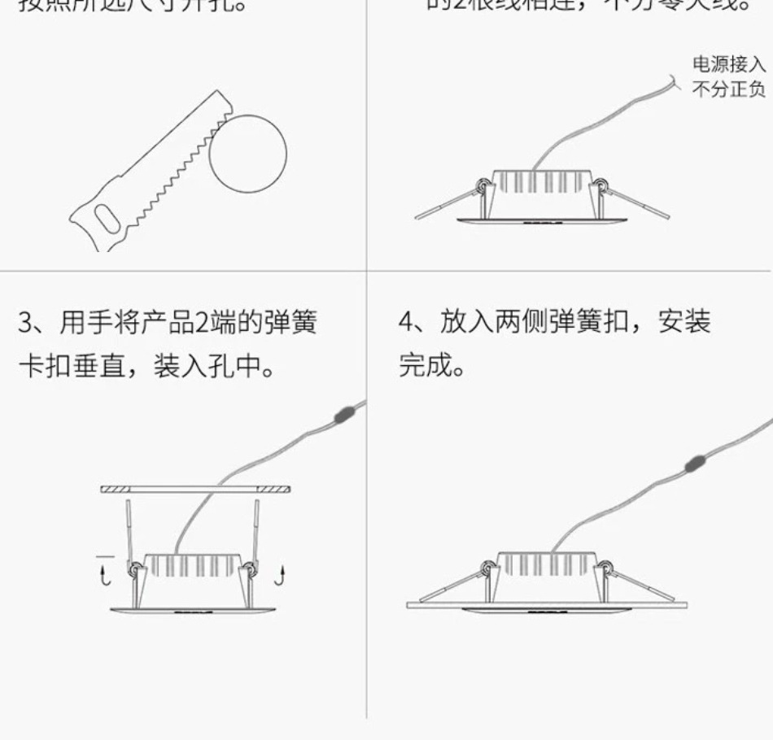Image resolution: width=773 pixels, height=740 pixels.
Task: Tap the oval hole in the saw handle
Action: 105,219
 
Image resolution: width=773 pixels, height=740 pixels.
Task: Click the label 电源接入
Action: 729,64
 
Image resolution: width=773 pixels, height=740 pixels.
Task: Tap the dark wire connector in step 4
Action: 694,464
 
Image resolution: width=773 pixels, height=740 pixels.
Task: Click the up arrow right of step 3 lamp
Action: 280,577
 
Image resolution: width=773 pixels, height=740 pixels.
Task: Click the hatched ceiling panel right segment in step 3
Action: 274,490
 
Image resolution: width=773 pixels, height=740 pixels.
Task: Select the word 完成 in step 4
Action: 420,366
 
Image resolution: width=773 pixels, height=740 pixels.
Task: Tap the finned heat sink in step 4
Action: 547,565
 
